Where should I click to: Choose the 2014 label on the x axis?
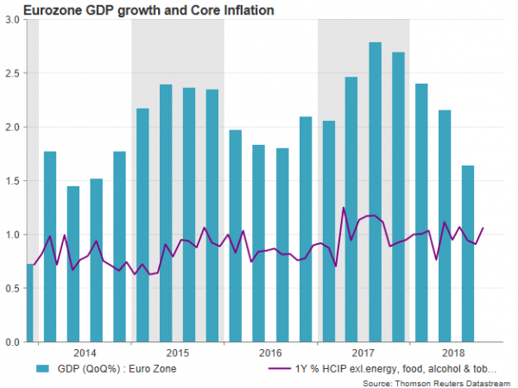[x=85, y=353]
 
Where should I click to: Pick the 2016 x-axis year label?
[x=270, y=353]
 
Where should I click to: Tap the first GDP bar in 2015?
[x=142, y=225]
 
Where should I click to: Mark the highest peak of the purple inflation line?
[x=344, y=208]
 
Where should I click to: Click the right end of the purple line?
[x=483, y=228]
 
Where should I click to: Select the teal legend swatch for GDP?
[x=41, y=368]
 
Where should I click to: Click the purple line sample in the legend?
[x=277, y=368]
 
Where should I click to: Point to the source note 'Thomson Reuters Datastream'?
[x=439, y=381]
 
